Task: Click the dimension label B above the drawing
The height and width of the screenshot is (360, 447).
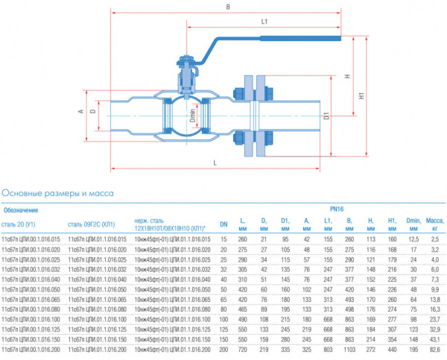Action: [226, 8]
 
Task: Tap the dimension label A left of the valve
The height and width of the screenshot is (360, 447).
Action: [80, 112]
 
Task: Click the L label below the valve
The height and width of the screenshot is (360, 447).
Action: [215, 162]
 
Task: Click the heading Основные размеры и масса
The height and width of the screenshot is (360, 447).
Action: [57, 194]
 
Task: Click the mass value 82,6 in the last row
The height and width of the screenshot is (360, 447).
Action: [434, 348]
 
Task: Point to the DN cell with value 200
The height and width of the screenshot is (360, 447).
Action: [223, 348]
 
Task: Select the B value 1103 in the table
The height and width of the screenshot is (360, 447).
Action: [349, 348]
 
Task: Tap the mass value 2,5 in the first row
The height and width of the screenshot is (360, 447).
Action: [434, 239]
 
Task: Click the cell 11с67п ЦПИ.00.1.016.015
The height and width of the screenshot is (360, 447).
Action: [31, 239]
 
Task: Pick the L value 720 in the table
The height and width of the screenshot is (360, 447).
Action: [242, 348]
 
